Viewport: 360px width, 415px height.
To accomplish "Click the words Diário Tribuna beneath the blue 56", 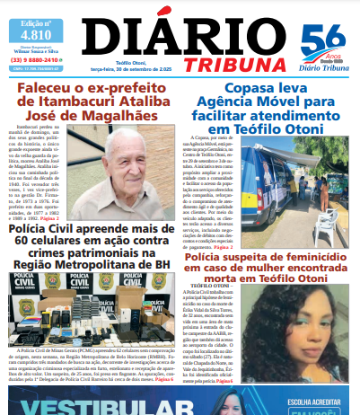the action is click(x=321, y=65).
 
